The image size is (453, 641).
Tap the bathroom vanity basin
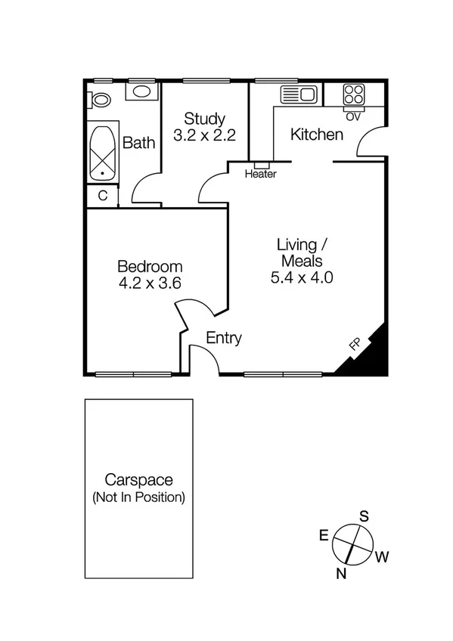[x=141, y=92]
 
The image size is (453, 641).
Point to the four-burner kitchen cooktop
[x=353, y=94]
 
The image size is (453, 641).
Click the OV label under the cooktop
[x=352, y=116]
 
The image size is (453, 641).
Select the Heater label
[x=261, y=174]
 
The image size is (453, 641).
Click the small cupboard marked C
[x=102, y=195]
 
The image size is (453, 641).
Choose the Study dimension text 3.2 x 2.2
[x=204, y=136]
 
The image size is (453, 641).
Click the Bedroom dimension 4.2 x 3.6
[x=150, y=283]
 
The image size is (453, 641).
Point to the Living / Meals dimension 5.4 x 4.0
[x=302, y=277]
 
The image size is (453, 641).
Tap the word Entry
[x=224, y=339]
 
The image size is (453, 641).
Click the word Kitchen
[x=318, y=135]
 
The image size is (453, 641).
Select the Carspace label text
[x=138, y=480]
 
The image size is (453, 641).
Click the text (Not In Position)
[x=138, y=498]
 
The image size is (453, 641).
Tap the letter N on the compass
[x=342, y=574]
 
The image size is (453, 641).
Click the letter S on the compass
[x=364, y=517]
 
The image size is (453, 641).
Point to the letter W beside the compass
[x=382, y=558]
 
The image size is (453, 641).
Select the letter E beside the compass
[x=323, y=535]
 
